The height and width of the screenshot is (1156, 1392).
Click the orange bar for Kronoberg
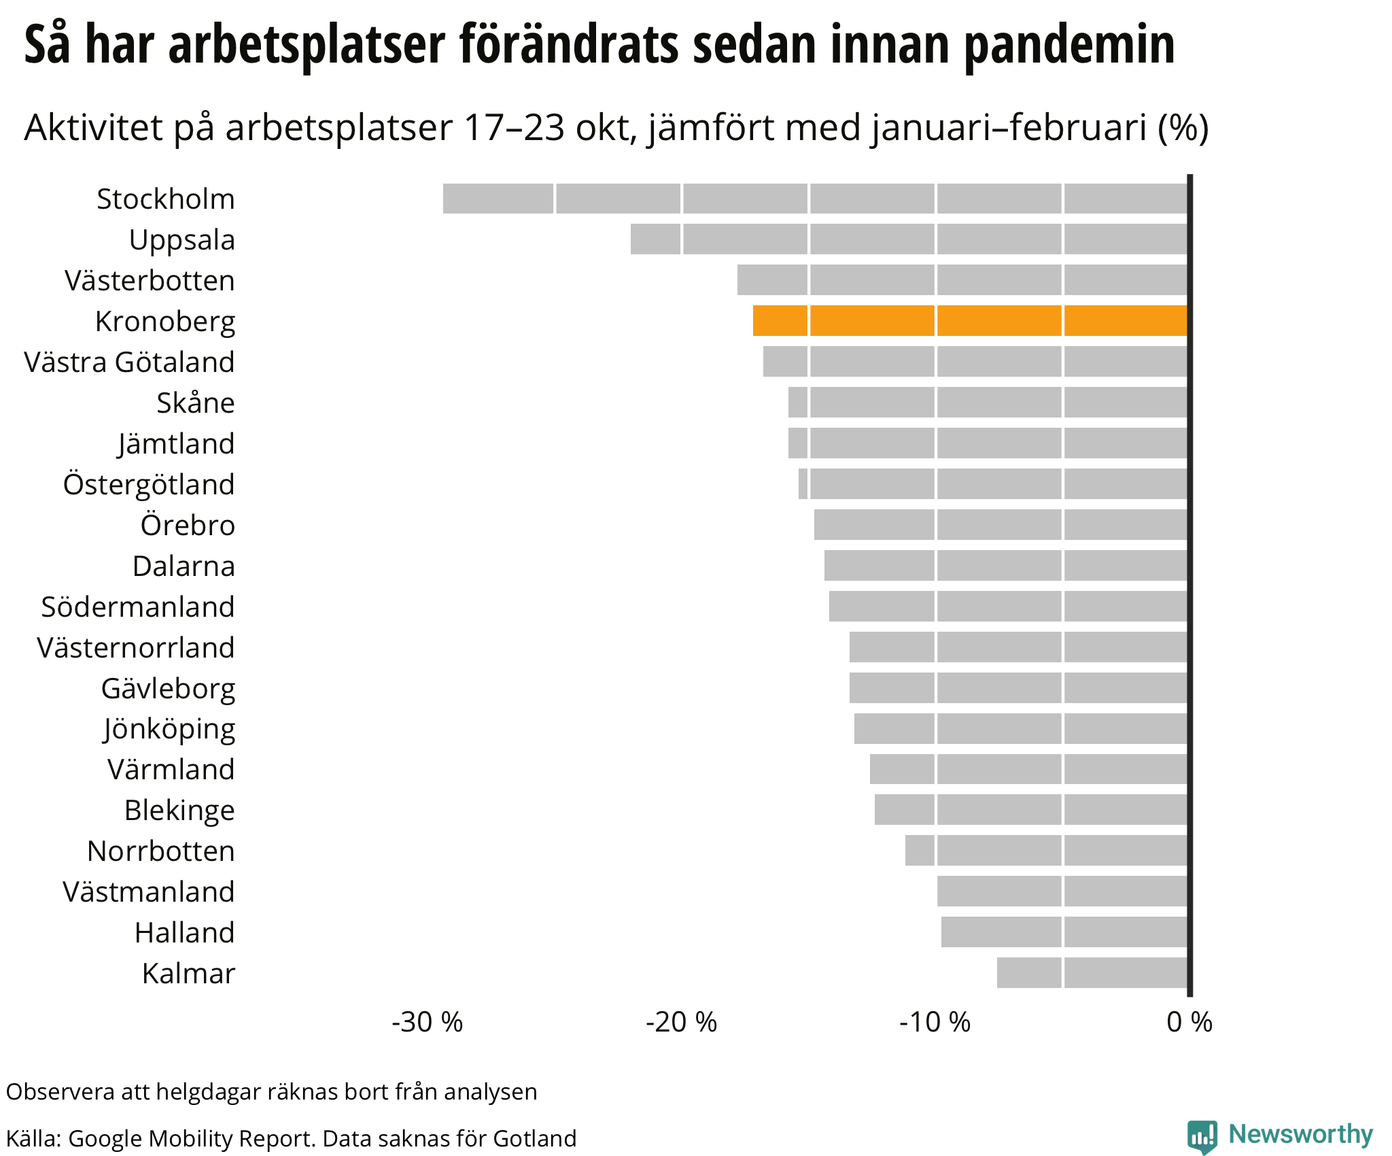click(970, 321)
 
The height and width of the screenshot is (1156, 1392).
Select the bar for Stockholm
click(815, 199)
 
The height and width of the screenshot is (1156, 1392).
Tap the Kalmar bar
click(1092, 972)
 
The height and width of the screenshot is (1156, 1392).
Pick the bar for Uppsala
click(909, 239)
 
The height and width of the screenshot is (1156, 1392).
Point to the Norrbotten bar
click(1046, 850)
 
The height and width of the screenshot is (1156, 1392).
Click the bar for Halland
click(1064, 932)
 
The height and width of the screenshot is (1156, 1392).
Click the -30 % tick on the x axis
click(427, 1022)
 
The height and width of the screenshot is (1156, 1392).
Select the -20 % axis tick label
click(681, 1022)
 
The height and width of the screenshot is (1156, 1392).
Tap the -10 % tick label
click(935, 1022)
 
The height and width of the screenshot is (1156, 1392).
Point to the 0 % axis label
click(1189, 1022)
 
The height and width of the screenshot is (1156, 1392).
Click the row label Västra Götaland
click(129, 362)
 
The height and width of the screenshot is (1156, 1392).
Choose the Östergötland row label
click(149, 485)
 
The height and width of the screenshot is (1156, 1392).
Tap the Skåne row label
click(196, 403)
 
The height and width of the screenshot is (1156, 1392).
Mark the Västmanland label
click(149, 892)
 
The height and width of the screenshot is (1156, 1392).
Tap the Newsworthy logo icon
click(1202, 1136)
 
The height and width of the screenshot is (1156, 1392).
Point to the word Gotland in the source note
click(534, 1138)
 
